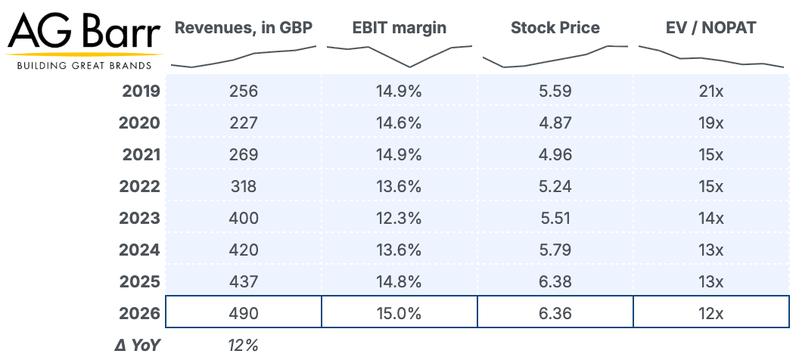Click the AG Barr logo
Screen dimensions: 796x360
(x=84, y=39)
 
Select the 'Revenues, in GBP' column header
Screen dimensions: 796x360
(x=243, y=28)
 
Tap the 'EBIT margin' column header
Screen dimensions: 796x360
(x=400, y=27)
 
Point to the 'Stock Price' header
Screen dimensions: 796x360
(x=555, y=27)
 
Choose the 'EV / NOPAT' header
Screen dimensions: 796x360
(x=711, y=27)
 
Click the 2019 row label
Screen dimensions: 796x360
(x=141, y=92)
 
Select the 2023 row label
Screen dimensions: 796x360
(x=140, y=219)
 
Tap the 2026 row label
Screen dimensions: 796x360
(x=140, y=313)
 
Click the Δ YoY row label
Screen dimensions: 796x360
(x=137, y=346)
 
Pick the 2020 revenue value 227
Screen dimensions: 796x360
(x=244, y=123)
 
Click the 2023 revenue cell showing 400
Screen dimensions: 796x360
(x=244, y=219)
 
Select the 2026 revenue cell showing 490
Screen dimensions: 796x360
(x=244, y=313)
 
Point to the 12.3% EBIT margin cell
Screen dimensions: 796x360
(x=399, y=219)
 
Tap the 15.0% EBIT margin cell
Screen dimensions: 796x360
(x=399, y=313)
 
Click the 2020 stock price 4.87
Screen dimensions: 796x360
(x=555, y=123)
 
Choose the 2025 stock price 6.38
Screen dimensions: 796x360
(x=555, y=282)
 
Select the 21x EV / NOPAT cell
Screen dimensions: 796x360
(x=711, y=92)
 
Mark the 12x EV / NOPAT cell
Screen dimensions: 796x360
(x=711, y=313)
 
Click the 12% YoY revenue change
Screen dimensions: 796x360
(x=243, y=346)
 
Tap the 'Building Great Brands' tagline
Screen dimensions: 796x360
(x=84, y=66)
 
